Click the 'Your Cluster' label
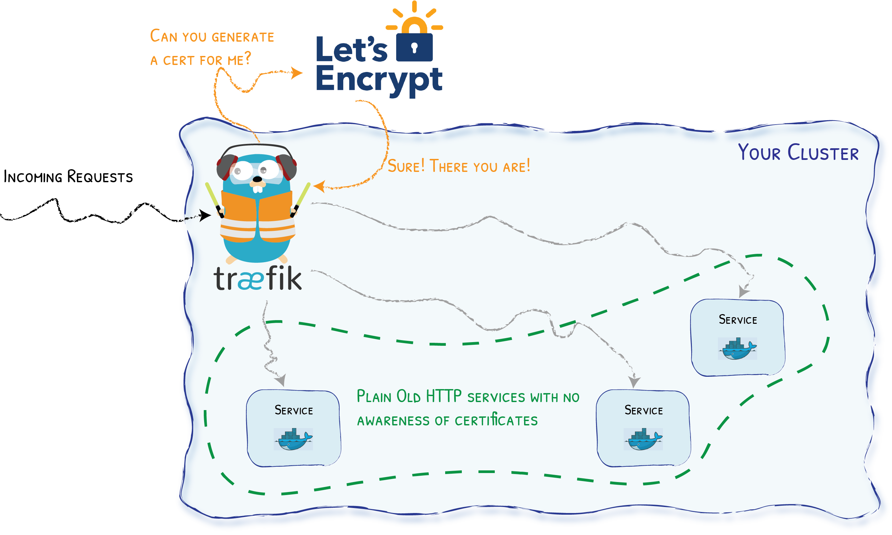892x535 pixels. pos(798,153)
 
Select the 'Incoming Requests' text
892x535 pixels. pos(68,177)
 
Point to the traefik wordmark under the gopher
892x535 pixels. pos(257,279)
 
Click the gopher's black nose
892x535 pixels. pos(257,179)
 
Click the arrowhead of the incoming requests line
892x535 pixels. pos(206,215)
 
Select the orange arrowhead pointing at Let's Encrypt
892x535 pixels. pos(297,73)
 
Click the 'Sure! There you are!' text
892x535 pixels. pos(458,167)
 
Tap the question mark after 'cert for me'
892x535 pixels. pos(247,58)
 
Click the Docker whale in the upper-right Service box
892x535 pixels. pos(737,348)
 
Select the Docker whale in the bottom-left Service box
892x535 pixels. pos(293,439)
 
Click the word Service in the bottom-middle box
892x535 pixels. pos(643,410)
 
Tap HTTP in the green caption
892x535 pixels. pos(443,396)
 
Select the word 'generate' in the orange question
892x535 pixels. pos(243,37)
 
